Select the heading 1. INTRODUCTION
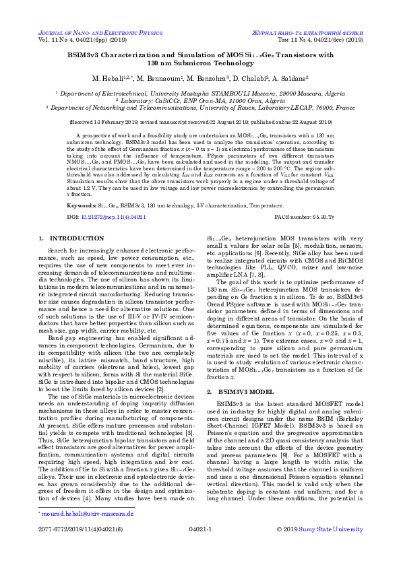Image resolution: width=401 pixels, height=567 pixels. pyautogui.click(x=63, y=238)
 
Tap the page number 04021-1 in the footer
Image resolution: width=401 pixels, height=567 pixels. pyautogui.click(x=200, y=529)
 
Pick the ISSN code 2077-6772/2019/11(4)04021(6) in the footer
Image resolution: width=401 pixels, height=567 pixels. pyautogui.click(x=80, y=529)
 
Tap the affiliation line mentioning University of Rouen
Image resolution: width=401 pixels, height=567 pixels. pyautogui.click(x=200, y=106)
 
